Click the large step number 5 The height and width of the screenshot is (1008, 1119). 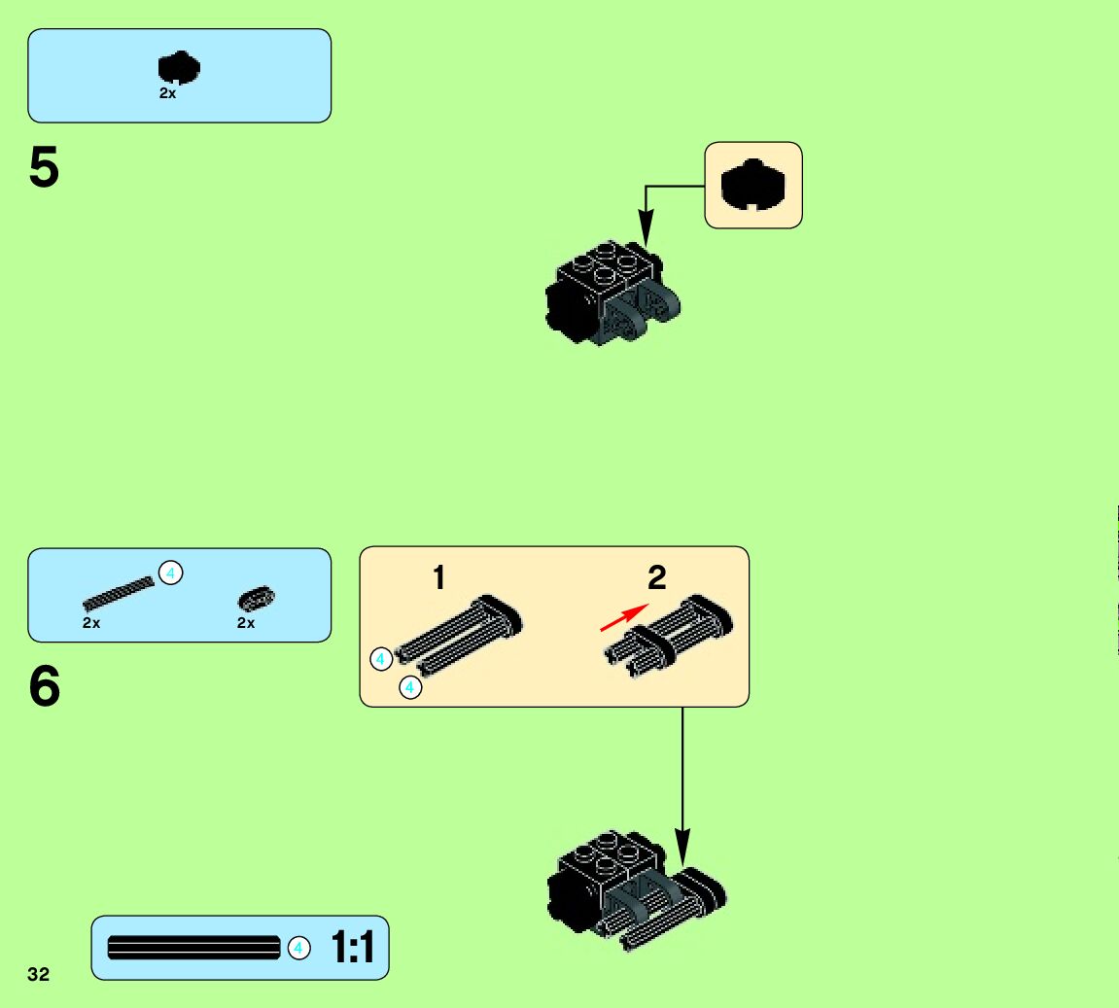pyautogui.click(x=44, y=168)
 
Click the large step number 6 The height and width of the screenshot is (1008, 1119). pyautogui.click(x=45, y=687)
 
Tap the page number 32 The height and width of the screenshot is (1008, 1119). pyautogui.click(x=38, y=974)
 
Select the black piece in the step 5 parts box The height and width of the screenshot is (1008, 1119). pyautogui.click(x=179, y=68)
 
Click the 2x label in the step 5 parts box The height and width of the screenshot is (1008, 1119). pyautogui.click(x=168, y=94)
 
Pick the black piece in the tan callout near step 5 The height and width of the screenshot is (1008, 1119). pyautogui.click(x=752, y=185)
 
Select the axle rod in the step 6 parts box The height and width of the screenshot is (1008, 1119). pyautogui.click(x=119, y=592)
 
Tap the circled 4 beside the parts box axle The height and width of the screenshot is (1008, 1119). pyautogui.click(x=170, y=574)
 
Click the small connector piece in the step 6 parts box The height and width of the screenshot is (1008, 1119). pyautogui.click(x=257, y=598)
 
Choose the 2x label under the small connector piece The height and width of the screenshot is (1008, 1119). pyautogui.click(x=246, y=623)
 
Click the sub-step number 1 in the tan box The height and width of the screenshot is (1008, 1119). pyautogui.click(x=438, y=578)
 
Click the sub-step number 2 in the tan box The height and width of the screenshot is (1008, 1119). pyautogui.click(x=657, y=578)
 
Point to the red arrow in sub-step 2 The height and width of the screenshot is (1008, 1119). pyautogui.click(x=623, y=616)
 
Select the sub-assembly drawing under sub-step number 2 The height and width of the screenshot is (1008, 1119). pyautogui.click(x=669, y=637)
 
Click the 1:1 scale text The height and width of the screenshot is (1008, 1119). pyautogui.click(x=353, y=948)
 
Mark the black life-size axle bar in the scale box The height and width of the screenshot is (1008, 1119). pyautogui.click(x=193, y=948)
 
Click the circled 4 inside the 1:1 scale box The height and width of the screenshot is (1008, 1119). pyautogui.click(x=299, y=948)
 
